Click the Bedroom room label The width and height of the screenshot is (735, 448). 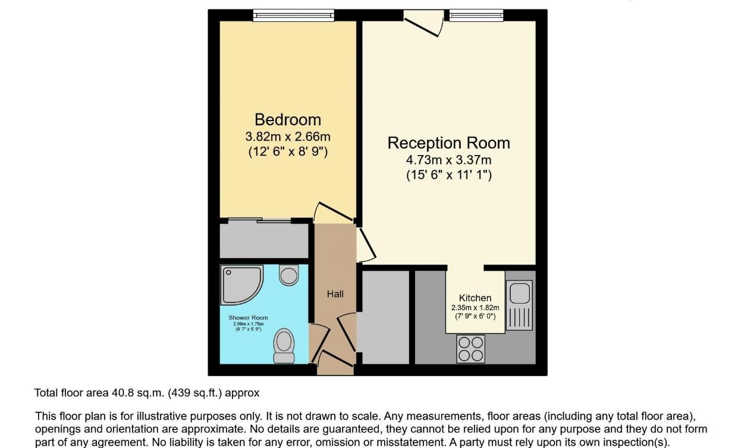287,119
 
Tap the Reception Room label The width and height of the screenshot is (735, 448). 448,143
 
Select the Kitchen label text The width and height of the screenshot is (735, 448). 475,298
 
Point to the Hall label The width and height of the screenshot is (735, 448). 335,294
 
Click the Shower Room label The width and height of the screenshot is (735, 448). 248,317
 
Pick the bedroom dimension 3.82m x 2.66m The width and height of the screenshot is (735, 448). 287,136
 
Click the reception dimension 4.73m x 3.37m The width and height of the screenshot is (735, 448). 448,160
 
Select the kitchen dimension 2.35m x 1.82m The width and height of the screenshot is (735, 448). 475,308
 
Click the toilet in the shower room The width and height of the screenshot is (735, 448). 284,346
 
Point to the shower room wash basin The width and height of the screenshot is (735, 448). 289,275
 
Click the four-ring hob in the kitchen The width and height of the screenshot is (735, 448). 471,348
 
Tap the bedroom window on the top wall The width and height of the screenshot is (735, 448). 293,15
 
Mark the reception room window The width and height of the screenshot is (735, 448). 476,15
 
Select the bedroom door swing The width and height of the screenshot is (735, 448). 327,213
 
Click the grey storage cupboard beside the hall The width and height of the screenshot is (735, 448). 385,316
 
